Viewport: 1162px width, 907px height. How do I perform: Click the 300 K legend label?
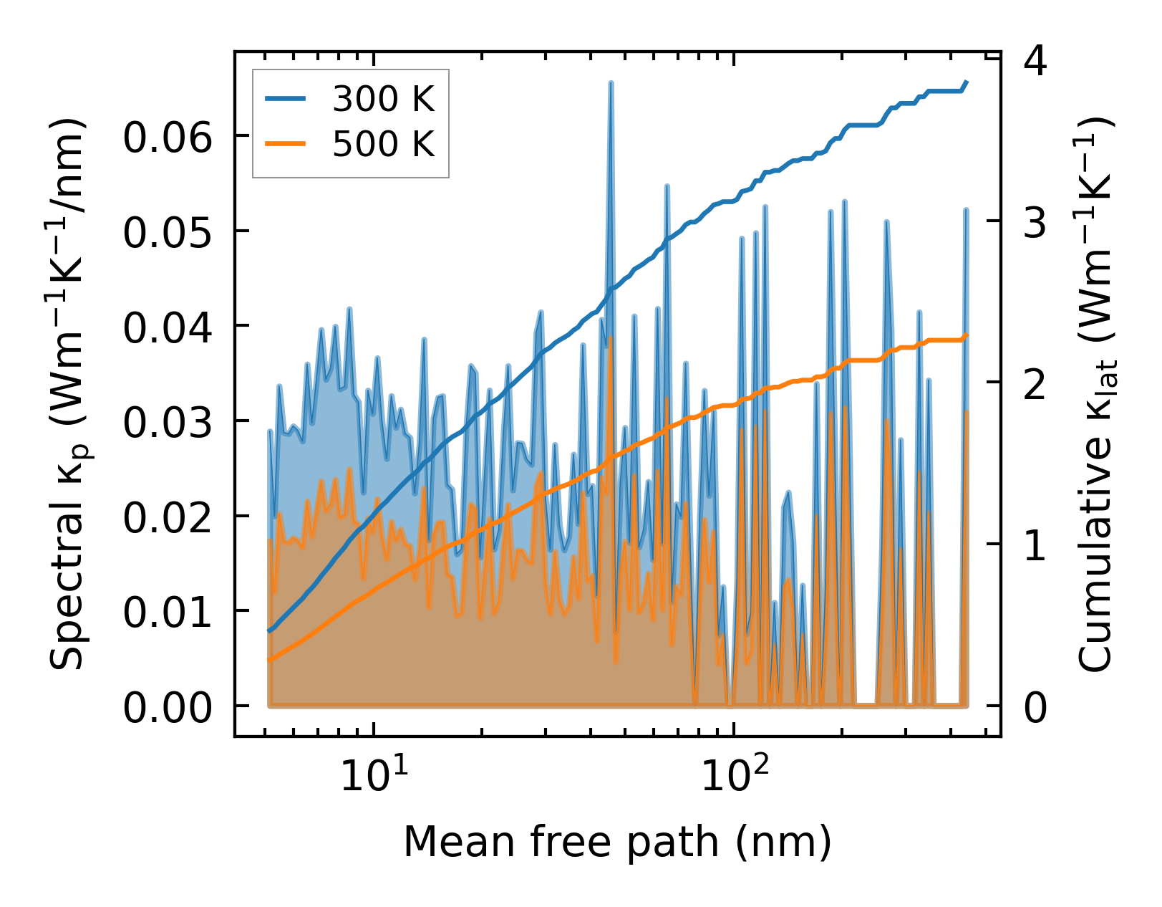pyautogui.click(x=383, y=100)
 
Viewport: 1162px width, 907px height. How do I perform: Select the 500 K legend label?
pyautogui.click(x=383, y=145)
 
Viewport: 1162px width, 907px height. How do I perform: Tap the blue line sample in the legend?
pyautogui.click(x=286, y=100)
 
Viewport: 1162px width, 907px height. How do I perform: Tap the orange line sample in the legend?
pyautogui.click(x=286, y=145)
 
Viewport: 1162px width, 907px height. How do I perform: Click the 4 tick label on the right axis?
pyautogui.click(x=1035, y=62)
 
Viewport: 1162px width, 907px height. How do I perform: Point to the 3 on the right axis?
pyautogui.click(x=1035, y=223)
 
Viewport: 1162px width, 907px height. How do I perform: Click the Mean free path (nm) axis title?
pyautogui.click(x=617, y=841)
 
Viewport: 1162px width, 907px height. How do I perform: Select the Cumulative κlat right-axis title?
pyautogui.click(x=1095, y=394)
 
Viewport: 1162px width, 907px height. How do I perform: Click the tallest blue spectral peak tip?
pyautogui.click(x=611, y=83)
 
